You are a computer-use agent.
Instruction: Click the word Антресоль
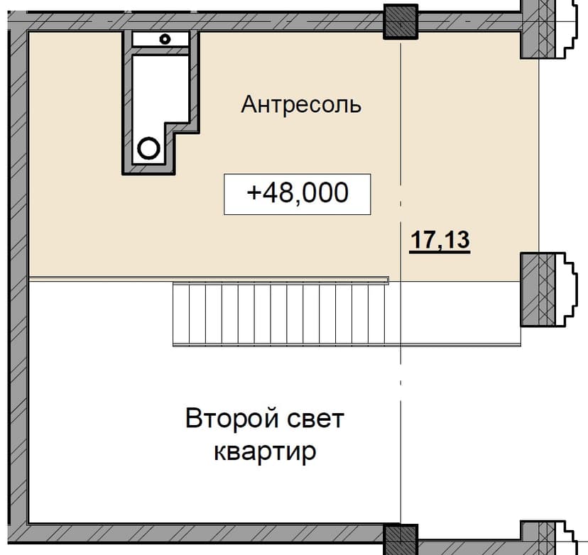pyautogui.click(x=301, y=104)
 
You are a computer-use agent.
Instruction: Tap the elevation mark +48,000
pyautogui.click(x=298, y=194)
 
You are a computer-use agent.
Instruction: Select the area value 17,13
pyautogui.click(x=440, y=240)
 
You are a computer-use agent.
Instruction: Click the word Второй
pyautogui.click(x=232, y=418)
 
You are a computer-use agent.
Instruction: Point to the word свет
pyautogui.click(x=316, y=419)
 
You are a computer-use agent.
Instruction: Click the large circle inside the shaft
pyautogui.click(x=148, y=148)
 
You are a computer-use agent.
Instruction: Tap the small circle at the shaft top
pyautogui.click(x=165, y=39)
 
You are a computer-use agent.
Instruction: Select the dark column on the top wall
pyautogui.click(x=401, y=22)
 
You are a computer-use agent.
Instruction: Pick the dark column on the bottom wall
pyautogui.click(x=401, y=539)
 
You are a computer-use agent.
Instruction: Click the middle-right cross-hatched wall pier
pyautogui.click(x=538, y=290)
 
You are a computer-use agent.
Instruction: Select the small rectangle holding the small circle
pyautogui.click(x=160, y=39)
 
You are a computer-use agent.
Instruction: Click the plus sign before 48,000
pyautogui.click(x=254, y=193)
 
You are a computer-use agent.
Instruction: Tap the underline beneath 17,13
pyautogui.click(x=440, y=252)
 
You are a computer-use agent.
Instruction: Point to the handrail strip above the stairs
pyautogui.click(x=209, y=280)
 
